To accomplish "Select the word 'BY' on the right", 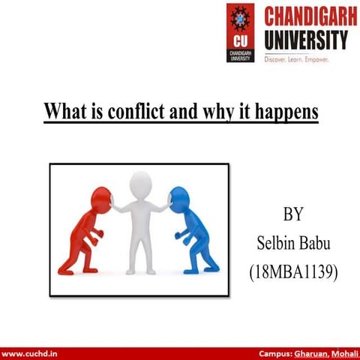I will coord(293,214).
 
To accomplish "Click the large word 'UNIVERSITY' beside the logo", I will coord(305,38).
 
